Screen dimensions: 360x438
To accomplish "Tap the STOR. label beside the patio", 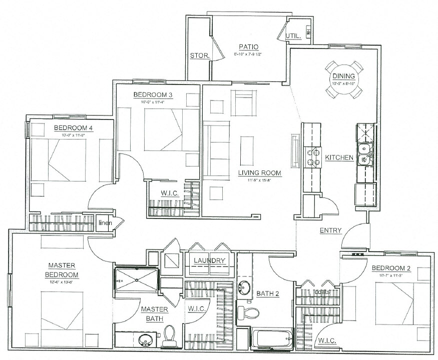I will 198,55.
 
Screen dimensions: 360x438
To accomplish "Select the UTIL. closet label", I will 292,36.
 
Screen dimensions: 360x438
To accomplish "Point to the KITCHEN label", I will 339,158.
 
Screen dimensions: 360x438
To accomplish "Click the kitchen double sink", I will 364,153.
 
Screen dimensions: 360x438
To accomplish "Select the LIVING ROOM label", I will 259,173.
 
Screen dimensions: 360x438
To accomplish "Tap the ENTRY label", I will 331,230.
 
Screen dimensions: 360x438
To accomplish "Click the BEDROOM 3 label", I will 153,94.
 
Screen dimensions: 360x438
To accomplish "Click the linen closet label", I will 105,222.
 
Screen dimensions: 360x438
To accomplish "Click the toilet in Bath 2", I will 248,313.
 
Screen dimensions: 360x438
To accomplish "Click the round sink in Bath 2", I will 245,288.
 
